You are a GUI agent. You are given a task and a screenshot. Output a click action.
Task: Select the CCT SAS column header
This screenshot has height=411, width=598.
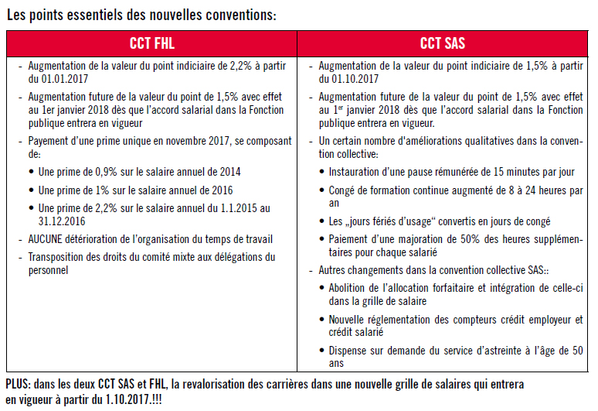[x=442, y=43]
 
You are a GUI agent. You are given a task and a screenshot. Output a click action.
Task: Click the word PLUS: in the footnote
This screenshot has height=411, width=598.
[x=19, y=385]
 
